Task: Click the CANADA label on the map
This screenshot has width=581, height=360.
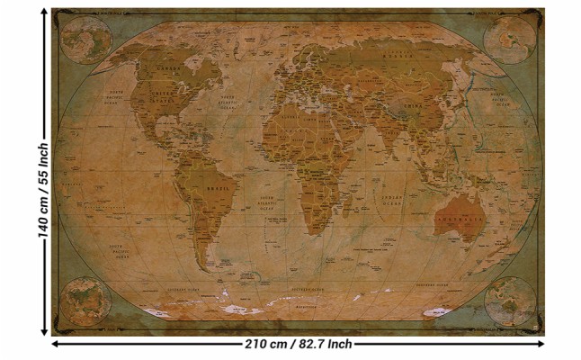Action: click(165, 68)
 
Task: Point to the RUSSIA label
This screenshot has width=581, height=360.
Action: click(396, 55)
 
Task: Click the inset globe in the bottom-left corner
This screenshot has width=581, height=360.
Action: click(83, 301)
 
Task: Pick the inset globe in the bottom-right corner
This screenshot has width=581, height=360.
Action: click(510, 301)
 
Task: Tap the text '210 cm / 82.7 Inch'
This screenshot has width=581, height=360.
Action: click(298, 344)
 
